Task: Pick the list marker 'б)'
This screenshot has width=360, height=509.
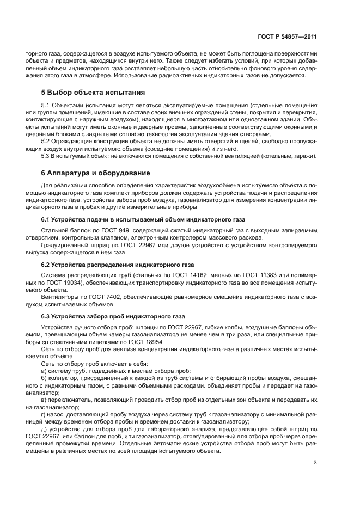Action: click(x=44, y=377)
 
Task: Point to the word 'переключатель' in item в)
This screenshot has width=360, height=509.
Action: click(x=70, y=400)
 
